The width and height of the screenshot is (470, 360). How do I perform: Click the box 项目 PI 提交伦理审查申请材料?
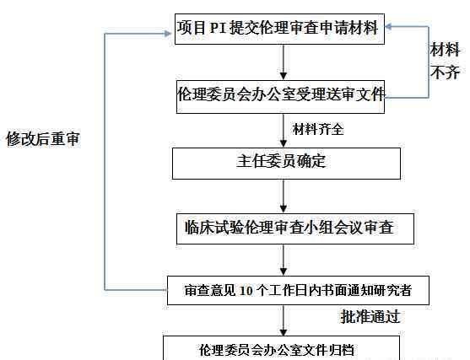click(x=279, y=29)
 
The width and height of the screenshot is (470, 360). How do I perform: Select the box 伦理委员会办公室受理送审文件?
click(x=280, y=97)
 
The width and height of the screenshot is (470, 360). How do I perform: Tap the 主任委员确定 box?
click(x=286, y=164)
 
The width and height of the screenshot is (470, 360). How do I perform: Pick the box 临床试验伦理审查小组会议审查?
click(x=295, y=228)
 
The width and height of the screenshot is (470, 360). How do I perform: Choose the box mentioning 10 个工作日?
click(x=298, y=291)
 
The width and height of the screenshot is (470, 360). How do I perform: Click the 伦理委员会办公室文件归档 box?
click(x=281, y=348)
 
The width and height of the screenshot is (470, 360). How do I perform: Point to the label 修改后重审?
click(x=43, y=139)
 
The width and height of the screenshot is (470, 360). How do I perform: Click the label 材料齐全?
click(x=318, y=129)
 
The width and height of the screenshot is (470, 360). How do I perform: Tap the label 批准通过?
click(x=370, y=316)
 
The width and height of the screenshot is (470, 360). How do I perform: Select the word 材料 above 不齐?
click(x=445, y=50)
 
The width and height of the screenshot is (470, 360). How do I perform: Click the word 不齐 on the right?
click(x=445, y=73)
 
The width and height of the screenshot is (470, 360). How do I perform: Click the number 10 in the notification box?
click(x=246, y=291)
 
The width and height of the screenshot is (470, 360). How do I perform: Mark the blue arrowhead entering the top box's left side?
click(x=168, y=34)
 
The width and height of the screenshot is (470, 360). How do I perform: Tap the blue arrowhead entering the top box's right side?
click(x=388, y=27)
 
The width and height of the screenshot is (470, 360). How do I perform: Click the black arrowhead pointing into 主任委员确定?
click(x=284, y=143)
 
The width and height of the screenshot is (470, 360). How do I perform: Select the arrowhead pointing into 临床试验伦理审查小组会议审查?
click(x=284, y=209)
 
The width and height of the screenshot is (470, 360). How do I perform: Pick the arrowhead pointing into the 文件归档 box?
click(x=284, y=331)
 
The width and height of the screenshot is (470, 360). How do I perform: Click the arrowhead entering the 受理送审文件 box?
click(x=284, y=76)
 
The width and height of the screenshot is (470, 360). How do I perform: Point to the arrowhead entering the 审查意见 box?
click(x=284, y=271)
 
